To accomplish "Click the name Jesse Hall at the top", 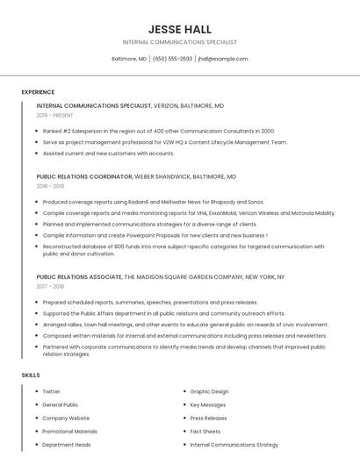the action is click(x=180, y=29).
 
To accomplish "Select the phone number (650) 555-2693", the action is click(x=172, y=59).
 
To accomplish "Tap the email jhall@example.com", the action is click(x=223, y=59).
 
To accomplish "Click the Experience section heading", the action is click(x=38, y=92).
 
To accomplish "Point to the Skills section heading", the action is click(x=31, y=375).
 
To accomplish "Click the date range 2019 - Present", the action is click(x=54, y=115).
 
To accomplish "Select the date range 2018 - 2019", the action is click(x=50, y=186).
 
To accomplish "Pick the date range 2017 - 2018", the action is click(x=50, y=286).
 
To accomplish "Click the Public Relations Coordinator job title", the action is click(x=84, y=176).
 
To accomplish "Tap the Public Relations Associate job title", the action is click(x=80, y=276).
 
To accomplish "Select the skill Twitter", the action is click(x=51, y=391).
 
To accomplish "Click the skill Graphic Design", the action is click(x=209, y=391).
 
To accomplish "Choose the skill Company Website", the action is click(x=66, y=418).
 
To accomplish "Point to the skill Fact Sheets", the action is click(x=205, y=431).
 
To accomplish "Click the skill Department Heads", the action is click(x=66, y=444).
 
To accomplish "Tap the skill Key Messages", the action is click(x=208, y=404).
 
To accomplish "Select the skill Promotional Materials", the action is click(x=69, y=431).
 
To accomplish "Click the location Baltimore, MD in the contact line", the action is click(x=129, y=59).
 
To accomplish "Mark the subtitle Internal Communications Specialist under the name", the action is click(x=180, y=42).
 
